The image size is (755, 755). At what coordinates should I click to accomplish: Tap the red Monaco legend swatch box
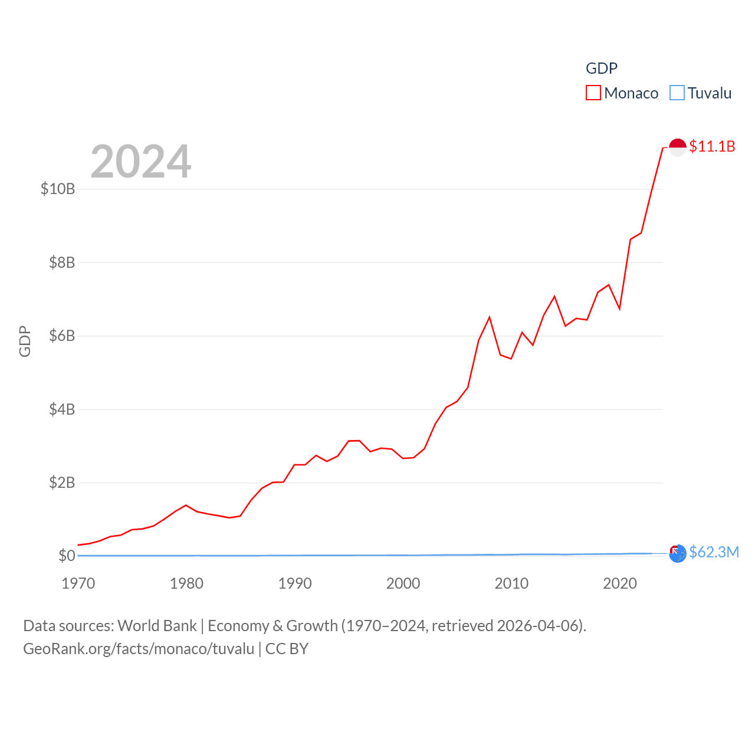click(x=593, y=93)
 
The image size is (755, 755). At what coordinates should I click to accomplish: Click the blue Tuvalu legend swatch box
click(x=677, y=93)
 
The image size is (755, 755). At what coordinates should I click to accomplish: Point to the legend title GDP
click(x=601, y=68)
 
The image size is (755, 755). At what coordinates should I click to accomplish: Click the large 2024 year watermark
click(x=141, y=162)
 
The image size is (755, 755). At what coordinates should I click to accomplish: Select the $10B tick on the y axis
click(x=58, y=189)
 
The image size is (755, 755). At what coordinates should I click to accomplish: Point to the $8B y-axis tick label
click(x=62, y=262)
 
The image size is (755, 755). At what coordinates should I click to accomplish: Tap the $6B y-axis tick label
click(x=62, y=336)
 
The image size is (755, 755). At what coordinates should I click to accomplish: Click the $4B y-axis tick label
click(x=62, y=409)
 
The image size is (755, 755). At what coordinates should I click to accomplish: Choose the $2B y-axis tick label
click(x=62, y=482)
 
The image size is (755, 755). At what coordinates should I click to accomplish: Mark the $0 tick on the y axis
click(x=67, y=556)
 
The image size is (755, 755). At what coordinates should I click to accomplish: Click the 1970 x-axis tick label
click(x=78, y=583)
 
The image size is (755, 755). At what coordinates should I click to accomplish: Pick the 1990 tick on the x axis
click(x=295, y=583)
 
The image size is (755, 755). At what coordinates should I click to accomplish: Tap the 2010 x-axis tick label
click(x=511, y=583)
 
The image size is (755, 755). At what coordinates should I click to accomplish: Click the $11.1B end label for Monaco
click(x=712, y=146)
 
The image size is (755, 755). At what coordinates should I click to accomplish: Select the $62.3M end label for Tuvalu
click(x=714, y=552)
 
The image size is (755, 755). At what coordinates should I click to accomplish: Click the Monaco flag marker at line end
click(x=678, y=147)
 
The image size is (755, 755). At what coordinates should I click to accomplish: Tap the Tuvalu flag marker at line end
click(x=678, y=553)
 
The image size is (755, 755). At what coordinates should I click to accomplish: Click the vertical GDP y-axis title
click(x=25, y=341)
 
